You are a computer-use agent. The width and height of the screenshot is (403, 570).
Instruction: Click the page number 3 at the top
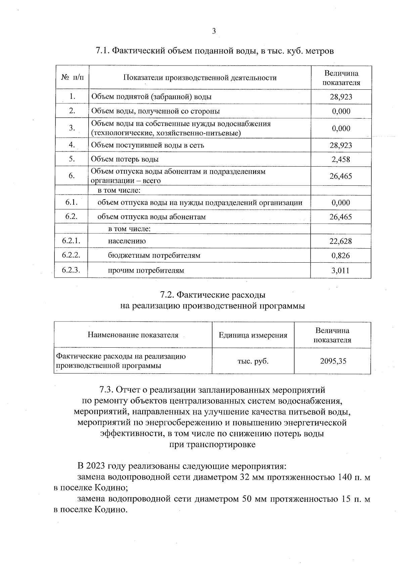[214, 31]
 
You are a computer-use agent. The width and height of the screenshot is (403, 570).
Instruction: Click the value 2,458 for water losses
[341, 160]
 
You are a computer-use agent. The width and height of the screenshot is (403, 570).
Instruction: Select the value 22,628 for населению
[341, 241]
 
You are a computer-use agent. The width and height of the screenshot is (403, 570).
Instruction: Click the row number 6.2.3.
[71, 270]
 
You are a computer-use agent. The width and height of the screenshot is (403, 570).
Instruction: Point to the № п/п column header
[73, 78]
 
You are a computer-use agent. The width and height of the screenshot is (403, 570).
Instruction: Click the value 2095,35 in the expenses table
[333, 361]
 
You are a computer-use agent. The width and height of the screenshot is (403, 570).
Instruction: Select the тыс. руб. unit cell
[253, 361]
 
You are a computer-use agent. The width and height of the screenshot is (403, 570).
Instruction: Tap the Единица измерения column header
[253, 335]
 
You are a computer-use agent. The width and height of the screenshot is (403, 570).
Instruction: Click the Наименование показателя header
[133, 335]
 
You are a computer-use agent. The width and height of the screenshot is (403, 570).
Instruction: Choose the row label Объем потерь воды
[125, 159]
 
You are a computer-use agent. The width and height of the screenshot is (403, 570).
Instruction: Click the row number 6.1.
[72, 202]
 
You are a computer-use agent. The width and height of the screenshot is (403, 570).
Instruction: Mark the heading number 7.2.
[167, 295]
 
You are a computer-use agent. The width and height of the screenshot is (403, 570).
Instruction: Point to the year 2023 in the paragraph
[97, 466]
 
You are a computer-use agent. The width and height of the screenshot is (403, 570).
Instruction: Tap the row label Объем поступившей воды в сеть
[147, 145]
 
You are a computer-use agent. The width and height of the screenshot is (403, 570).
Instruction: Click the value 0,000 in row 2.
[341, 112]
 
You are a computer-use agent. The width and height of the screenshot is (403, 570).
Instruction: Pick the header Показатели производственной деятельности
[200, 78]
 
